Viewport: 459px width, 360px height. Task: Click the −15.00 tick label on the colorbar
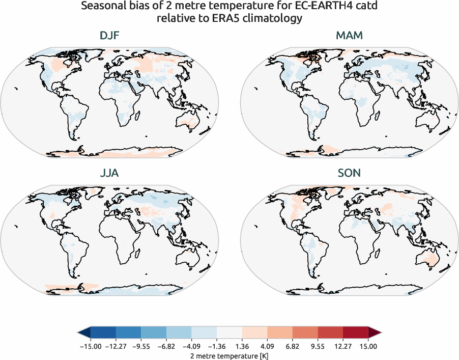tap(89, 346)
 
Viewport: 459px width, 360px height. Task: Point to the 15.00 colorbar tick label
tap(369, 346)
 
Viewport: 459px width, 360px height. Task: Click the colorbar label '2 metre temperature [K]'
tap(228, 354)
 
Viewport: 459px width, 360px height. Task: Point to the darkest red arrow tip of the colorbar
tap(375, 333)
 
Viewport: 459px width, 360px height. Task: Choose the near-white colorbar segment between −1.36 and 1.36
tap(230, 333)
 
